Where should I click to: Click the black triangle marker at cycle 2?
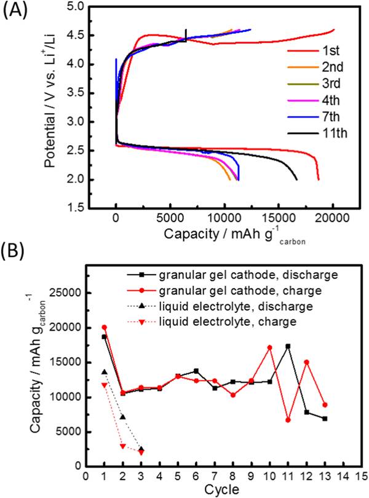point(122,417)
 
